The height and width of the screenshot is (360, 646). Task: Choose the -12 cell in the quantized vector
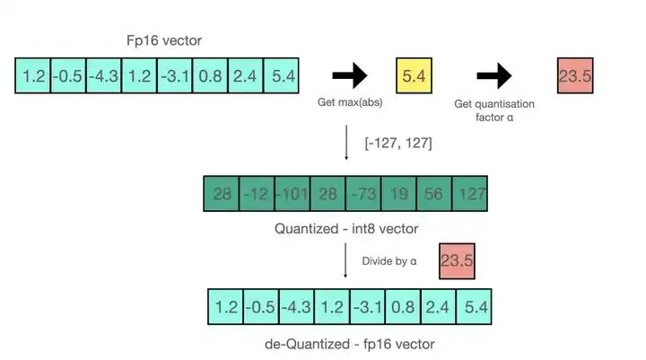point(258,194)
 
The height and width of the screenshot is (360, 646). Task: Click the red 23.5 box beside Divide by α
point(457,263)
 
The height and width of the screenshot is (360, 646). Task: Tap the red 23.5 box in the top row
point(574,76)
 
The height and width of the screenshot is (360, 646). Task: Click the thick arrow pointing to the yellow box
point(350,76)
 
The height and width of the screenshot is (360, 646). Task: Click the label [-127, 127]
point(398,143)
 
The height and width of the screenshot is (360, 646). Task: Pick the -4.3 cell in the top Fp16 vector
point(104,76)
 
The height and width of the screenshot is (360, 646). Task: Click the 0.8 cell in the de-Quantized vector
point(403,307)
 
